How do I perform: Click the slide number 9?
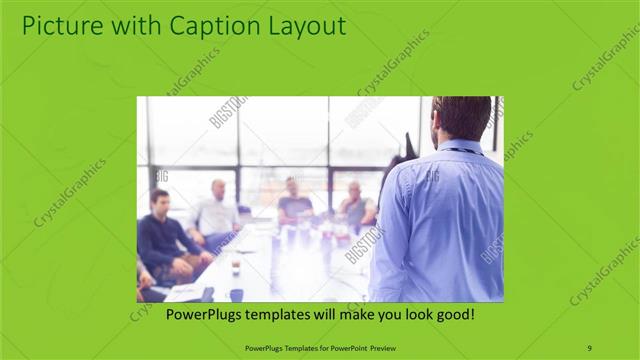coord(590,347)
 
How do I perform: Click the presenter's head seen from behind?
coord(462,117)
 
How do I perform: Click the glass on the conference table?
coord(235,267)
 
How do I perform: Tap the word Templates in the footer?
coord(289,347)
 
